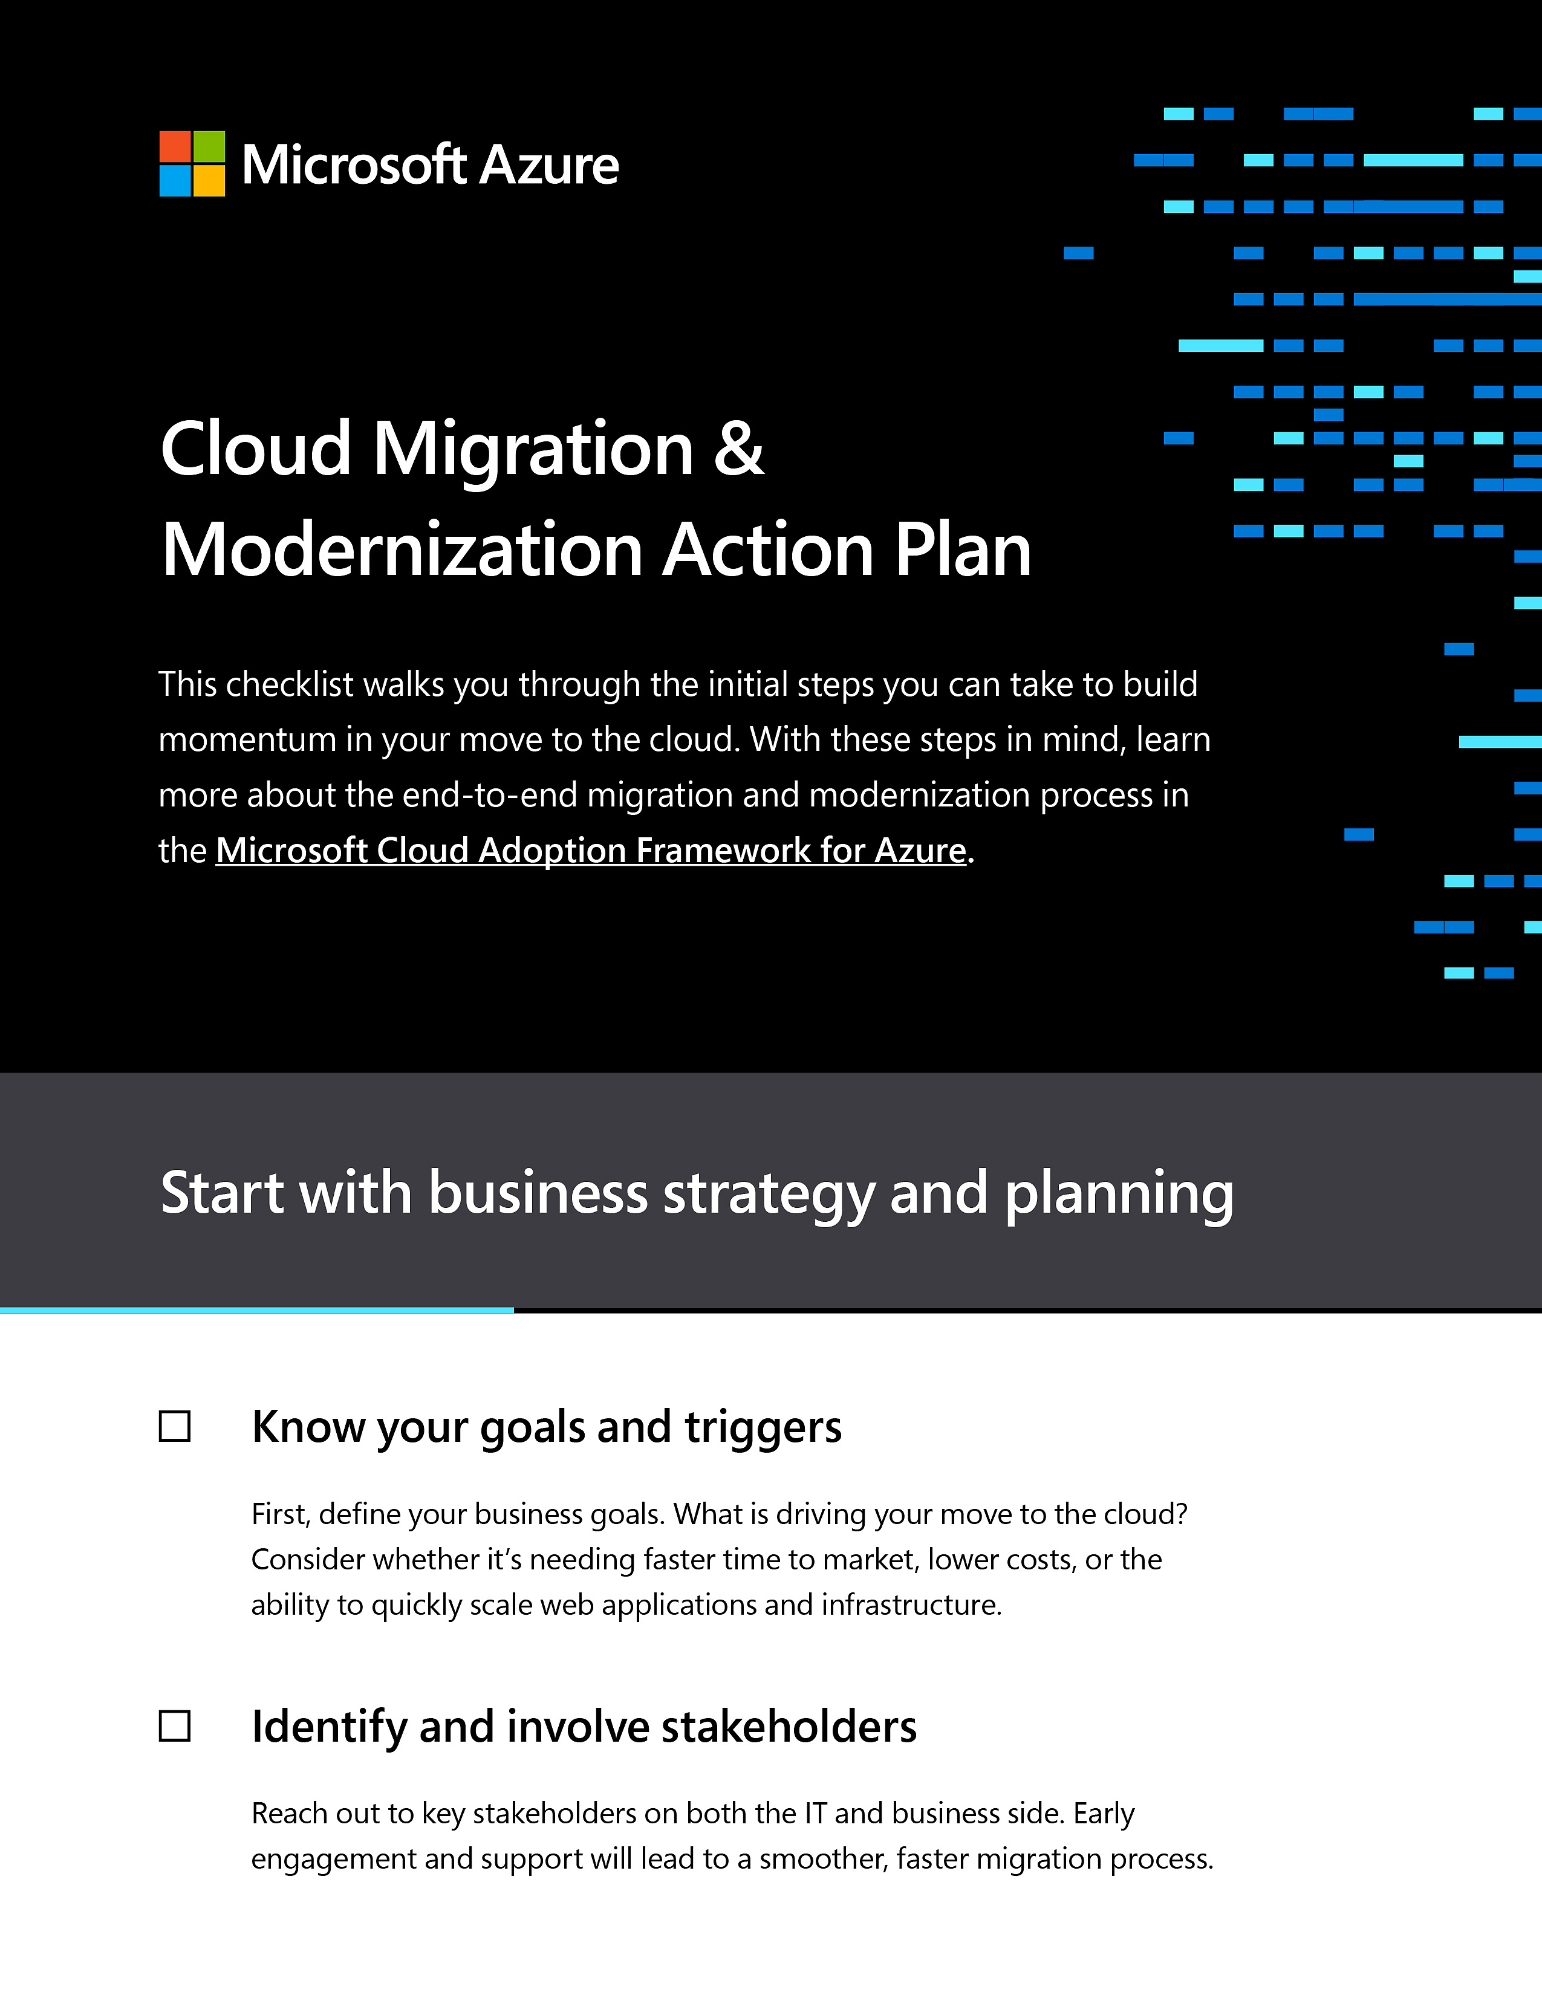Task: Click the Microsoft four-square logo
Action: click(192, 163)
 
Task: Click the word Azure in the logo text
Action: click(549, 165)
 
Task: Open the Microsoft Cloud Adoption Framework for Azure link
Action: click(591, 851)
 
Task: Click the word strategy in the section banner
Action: click(768, 1194)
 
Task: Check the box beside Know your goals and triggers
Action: click(175, 1426)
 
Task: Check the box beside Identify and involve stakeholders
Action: click(175, 1725)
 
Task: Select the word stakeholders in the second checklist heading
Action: click(789, 1727)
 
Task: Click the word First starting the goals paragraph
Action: click(281, 1514)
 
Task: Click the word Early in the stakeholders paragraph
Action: click(1104, 1813)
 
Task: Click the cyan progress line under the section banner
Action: click(256, 1310)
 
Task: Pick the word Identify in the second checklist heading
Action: click(329, 1727)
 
